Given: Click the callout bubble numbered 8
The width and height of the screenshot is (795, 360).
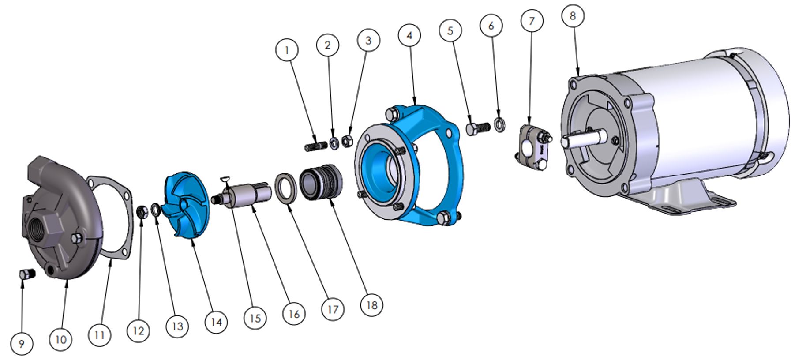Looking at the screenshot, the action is coord(573,16).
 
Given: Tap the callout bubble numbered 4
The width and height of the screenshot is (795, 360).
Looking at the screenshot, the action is coord(410,35).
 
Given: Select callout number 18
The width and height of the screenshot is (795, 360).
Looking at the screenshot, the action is coord(371,304).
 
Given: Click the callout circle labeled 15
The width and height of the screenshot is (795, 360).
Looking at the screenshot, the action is coord(255,318).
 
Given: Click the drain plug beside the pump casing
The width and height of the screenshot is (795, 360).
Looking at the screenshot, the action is coord(27,274).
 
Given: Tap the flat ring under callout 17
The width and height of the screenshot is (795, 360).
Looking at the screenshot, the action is coord(286,189).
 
